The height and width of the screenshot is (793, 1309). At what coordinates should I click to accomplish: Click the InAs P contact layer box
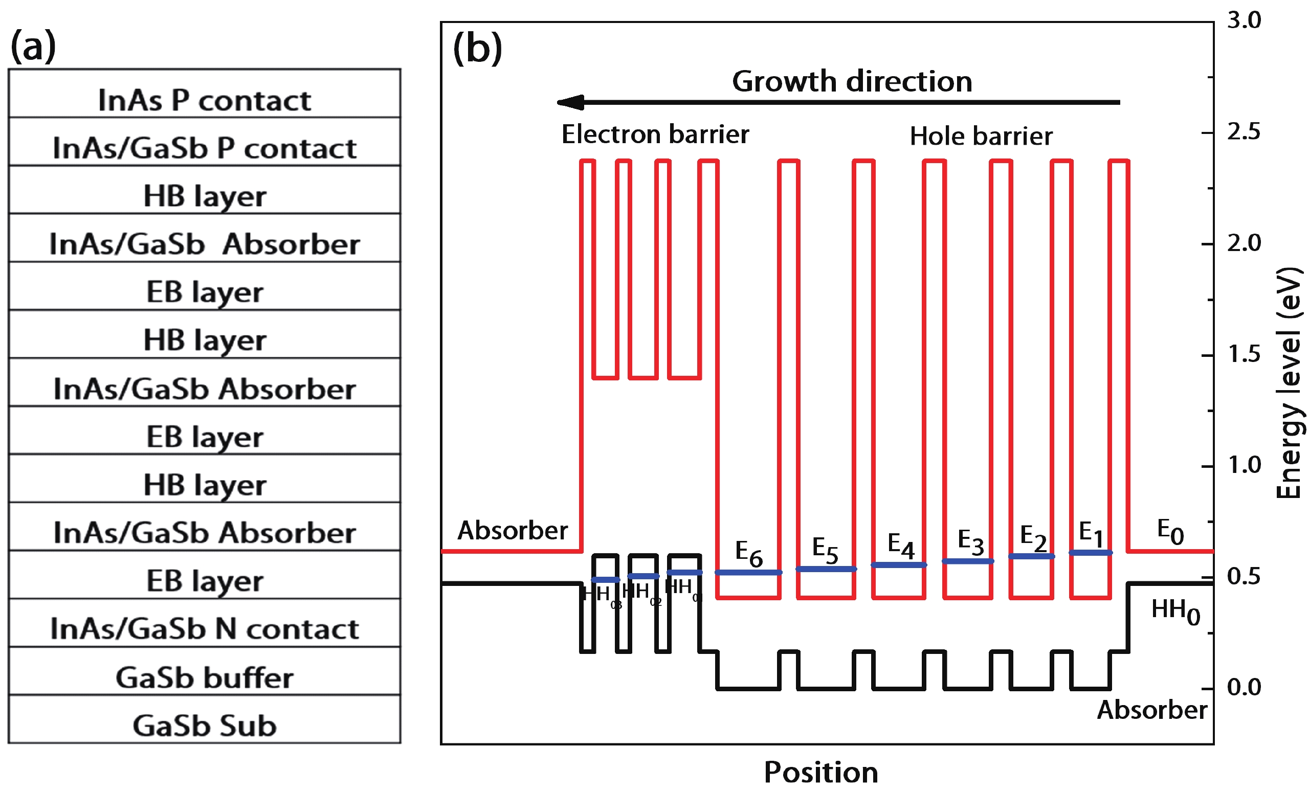click(x=205, y=94)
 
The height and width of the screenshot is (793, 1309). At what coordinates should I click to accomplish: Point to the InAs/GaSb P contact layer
click(x=205, y=142)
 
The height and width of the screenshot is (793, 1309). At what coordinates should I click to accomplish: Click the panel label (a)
click(x=33, y=46)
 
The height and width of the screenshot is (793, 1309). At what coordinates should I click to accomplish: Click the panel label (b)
click(x=477, y=49)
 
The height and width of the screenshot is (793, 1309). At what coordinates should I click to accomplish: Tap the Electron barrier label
click(x=655, y=134)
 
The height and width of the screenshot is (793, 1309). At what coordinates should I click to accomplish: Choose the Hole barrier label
click(x=981, y=137)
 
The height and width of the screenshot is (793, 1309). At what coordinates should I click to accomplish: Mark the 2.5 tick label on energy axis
click(x=1244, y=132)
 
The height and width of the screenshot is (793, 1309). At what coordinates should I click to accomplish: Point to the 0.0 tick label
click(x=1244, y=687)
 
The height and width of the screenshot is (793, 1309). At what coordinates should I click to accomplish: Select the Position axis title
click(x=821, y=772)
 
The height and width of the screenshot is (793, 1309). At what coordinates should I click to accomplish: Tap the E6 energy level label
click(x=748, y=553)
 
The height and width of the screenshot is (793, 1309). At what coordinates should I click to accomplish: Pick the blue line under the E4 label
click(x=899, y=564)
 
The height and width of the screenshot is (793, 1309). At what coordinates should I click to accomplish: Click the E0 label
click(x=1170, y=531)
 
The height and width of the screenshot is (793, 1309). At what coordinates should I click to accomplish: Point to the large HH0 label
click(x=1175, y=611)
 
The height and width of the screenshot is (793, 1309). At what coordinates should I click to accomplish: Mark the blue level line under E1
click(x=1090, y=553)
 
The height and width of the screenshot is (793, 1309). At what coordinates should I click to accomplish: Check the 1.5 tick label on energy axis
click(x=1244, y=354)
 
